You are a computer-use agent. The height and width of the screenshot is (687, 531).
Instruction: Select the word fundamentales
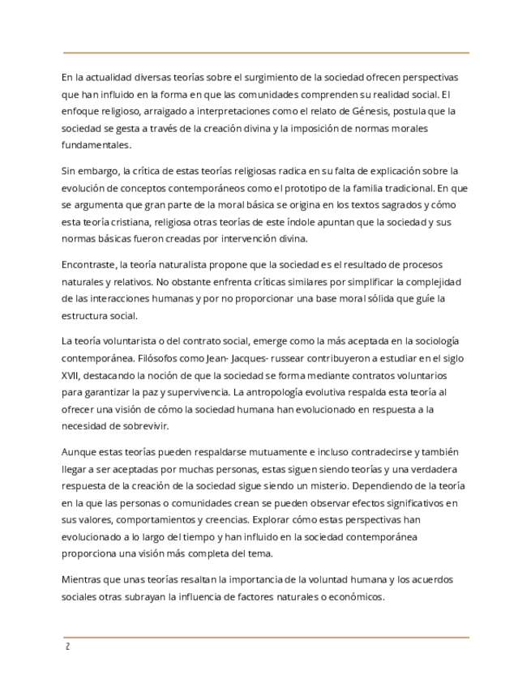(x=96, y=145)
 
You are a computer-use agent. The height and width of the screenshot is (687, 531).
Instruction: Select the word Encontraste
(x=90, y=265)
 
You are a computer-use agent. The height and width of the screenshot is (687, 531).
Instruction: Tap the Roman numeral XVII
(x=71, y=376)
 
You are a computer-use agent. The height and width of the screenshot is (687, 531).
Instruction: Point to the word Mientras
(x=84, y=580)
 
